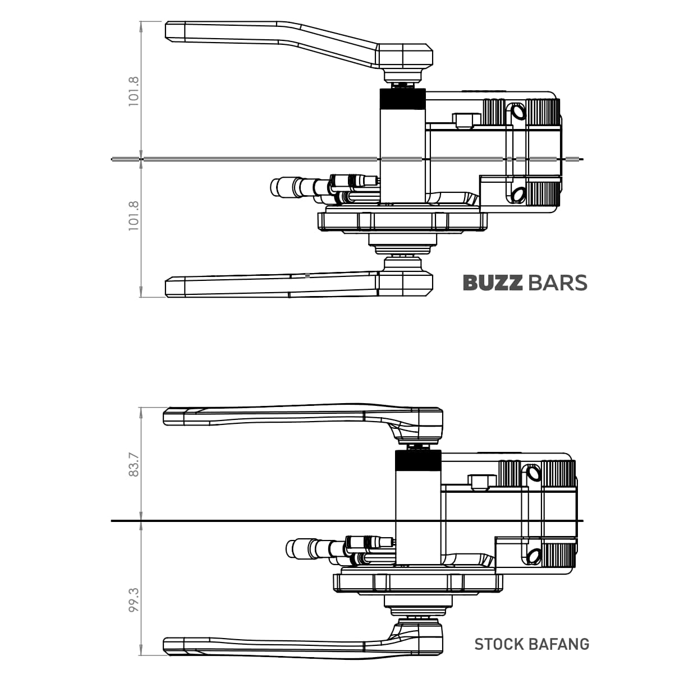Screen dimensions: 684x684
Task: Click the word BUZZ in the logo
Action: pos(492,283)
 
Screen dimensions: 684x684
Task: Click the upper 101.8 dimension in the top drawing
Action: pos(134,91)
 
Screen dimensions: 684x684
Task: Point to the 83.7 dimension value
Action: pos(134,465)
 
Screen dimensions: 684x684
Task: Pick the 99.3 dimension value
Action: pos(134,599)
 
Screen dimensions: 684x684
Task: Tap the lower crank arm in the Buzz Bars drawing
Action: pos(269,285)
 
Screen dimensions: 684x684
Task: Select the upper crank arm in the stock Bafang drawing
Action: pos(281,416)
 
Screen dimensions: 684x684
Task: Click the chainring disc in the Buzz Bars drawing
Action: pos(402,221)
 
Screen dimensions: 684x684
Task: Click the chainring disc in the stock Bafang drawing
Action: pos(417,583)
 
